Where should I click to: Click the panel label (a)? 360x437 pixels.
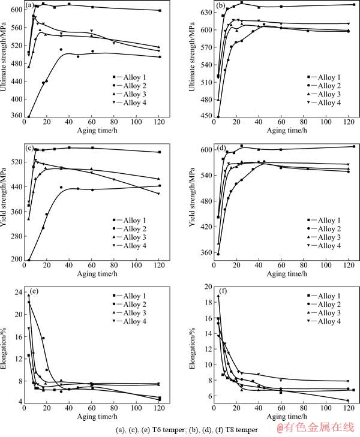(29, 8)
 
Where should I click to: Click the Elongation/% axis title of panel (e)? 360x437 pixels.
(5, 346)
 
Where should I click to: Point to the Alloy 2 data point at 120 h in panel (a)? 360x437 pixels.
(159, 57)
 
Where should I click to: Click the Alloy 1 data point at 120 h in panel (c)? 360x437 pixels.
(159, 152)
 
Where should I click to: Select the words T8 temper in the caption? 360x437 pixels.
(244, 429)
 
